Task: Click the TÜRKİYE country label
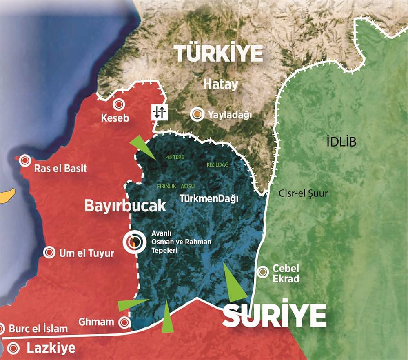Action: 218,53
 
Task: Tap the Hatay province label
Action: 220,84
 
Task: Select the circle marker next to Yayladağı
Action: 197,115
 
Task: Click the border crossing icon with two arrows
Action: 158,112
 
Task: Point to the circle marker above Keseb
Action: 118,104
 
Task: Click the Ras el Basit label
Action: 60,168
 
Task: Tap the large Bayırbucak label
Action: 125,206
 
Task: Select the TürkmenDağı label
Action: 209,199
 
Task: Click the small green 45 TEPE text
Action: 176,156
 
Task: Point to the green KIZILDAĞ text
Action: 218,164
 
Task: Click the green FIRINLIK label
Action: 166,186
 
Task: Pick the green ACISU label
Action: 187,186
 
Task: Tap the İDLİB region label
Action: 341,142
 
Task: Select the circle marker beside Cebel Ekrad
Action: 262,270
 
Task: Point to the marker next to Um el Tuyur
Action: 49,252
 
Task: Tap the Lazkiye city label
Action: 51,348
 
